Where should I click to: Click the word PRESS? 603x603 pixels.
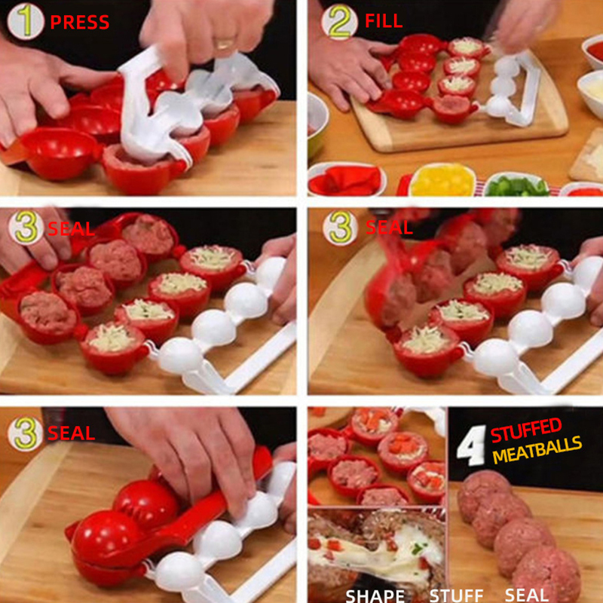(80, 23)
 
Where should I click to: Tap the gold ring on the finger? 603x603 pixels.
(225, 43)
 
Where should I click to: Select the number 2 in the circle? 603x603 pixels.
(340, 22)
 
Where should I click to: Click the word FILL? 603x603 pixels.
(384, 21)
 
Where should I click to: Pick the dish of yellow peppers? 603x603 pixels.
(442, 179)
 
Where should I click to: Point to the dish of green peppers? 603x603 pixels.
(516, 185)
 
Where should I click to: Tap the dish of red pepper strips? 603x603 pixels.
(347, 179)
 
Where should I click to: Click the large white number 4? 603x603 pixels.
(473, 445)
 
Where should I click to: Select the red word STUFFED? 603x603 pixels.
(526, 430)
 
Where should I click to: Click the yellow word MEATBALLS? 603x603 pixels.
(537, 449)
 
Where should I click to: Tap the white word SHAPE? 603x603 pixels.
(375, 595)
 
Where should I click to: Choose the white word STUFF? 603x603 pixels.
(456, 595)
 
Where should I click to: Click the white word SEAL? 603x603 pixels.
(526, 595)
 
